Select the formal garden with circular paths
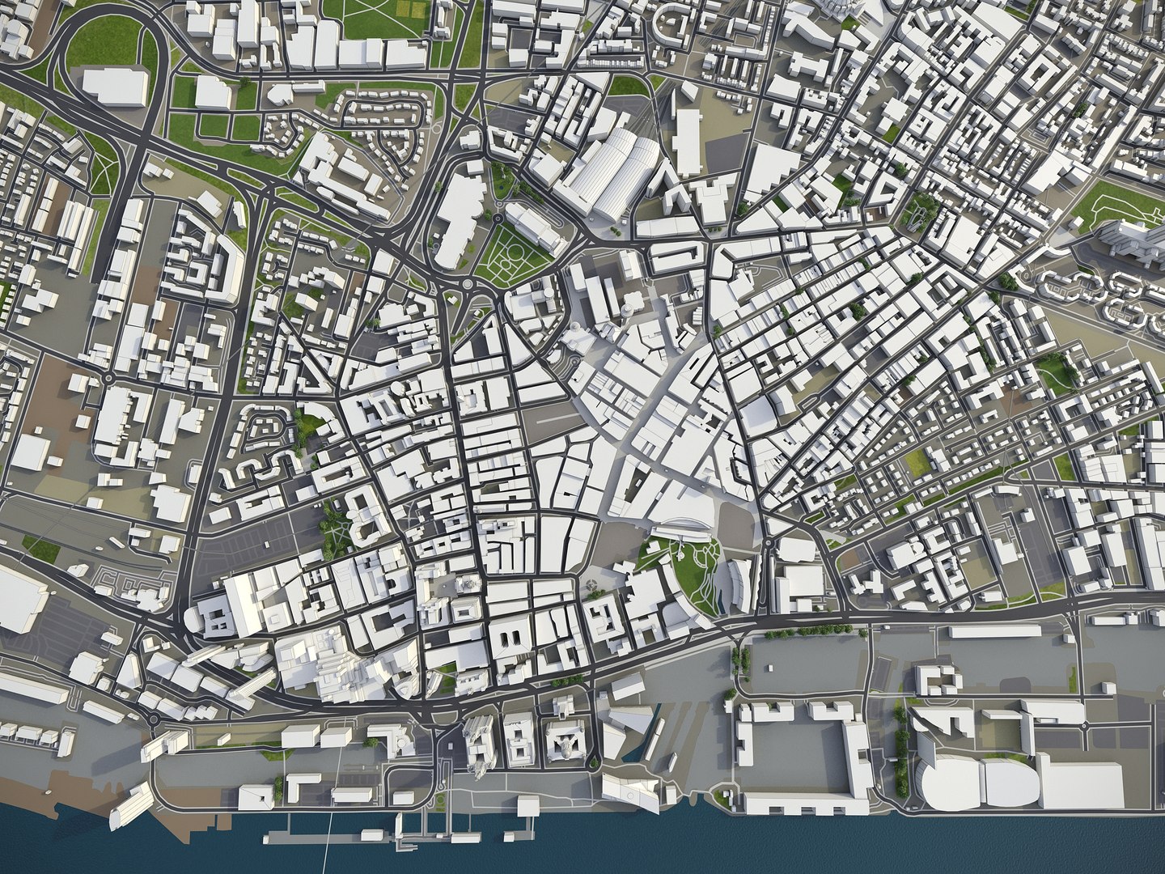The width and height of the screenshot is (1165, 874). click(507, 254)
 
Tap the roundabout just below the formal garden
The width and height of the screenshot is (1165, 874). click(468, 286)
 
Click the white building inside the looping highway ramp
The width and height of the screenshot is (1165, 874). click(115, 85)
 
